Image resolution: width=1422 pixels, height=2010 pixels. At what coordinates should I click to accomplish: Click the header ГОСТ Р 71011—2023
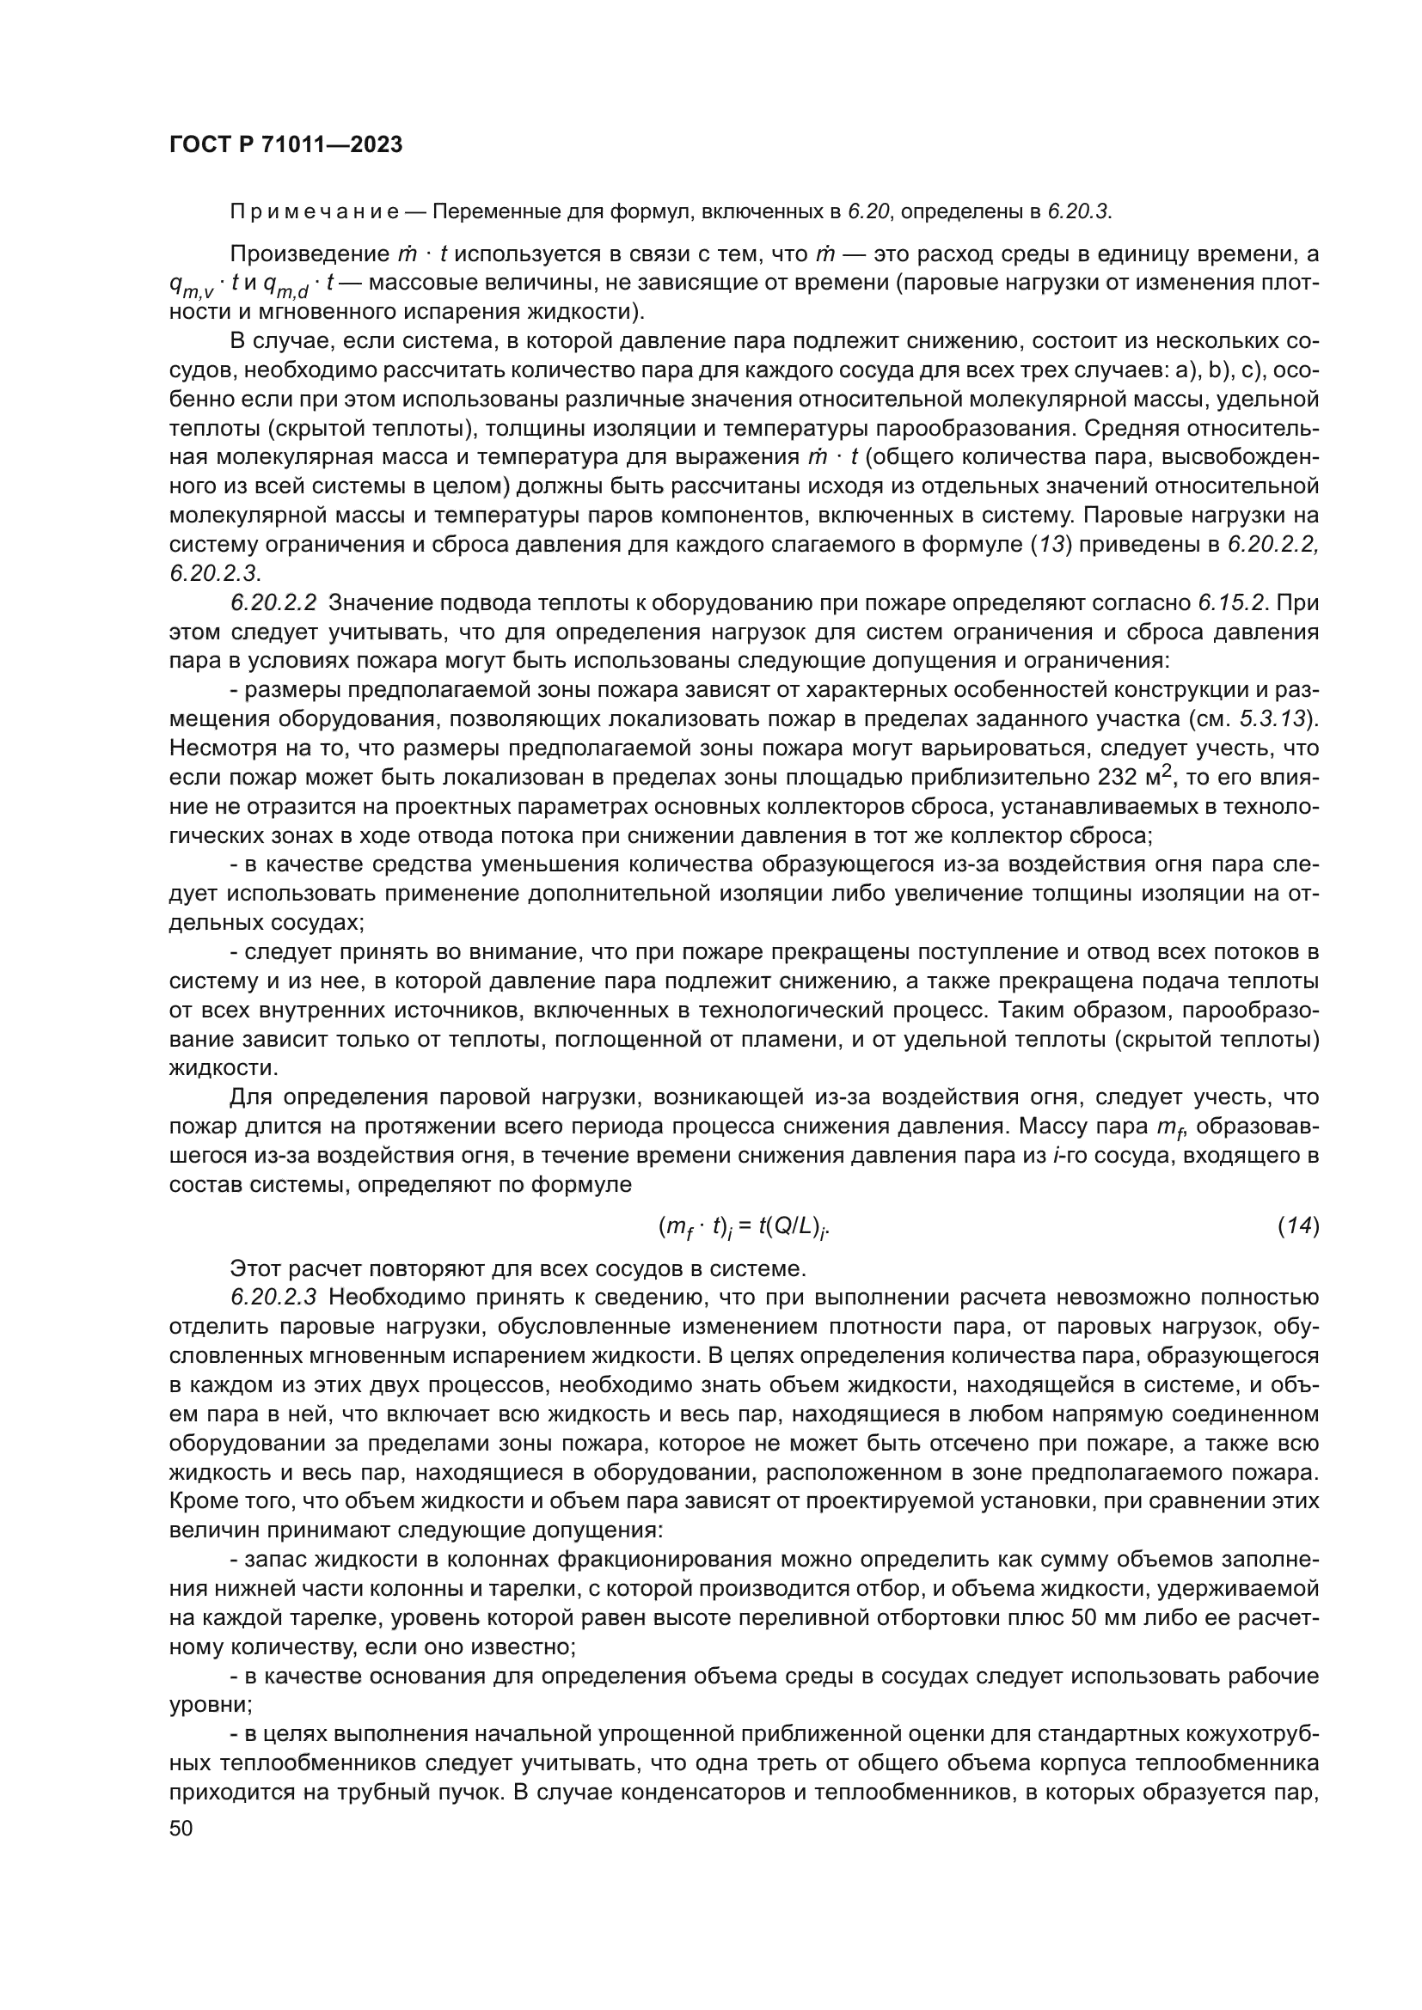tap(285, 145)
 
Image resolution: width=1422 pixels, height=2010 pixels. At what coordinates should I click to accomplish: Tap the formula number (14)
tap(1297, 1227)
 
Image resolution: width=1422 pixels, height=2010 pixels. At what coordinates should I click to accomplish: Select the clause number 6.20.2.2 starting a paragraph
tap(273, 603)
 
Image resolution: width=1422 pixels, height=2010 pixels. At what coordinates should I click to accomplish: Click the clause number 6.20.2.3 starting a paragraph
tap(273, 1298)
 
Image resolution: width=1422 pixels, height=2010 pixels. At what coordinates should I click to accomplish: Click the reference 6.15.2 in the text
tap(1231, 603)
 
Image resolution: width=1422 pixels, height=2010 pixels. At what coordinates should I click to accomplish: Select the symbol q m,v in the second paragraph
tap(191, 285)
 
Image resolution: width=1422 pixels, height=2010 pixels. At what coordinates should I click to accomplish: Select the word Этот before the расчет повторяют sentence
tap(255, 1268)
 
